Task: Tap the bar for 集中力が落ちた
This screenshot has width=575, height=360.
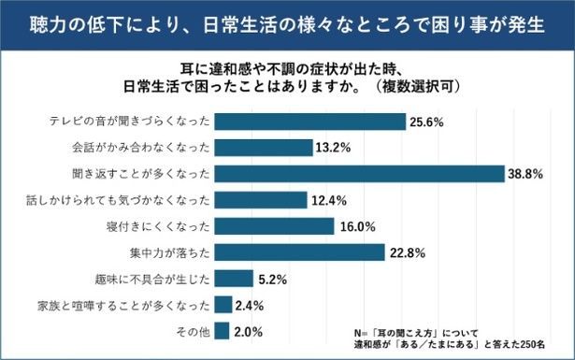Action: click(300, 252)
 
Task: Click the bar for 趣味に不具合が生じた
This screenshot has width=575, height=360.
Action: click(235, 279)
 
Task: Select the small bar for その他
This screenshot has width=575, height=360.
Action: click(223, 330)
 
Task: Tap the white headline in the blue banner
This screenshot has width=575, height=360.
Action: click(287, 23)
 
